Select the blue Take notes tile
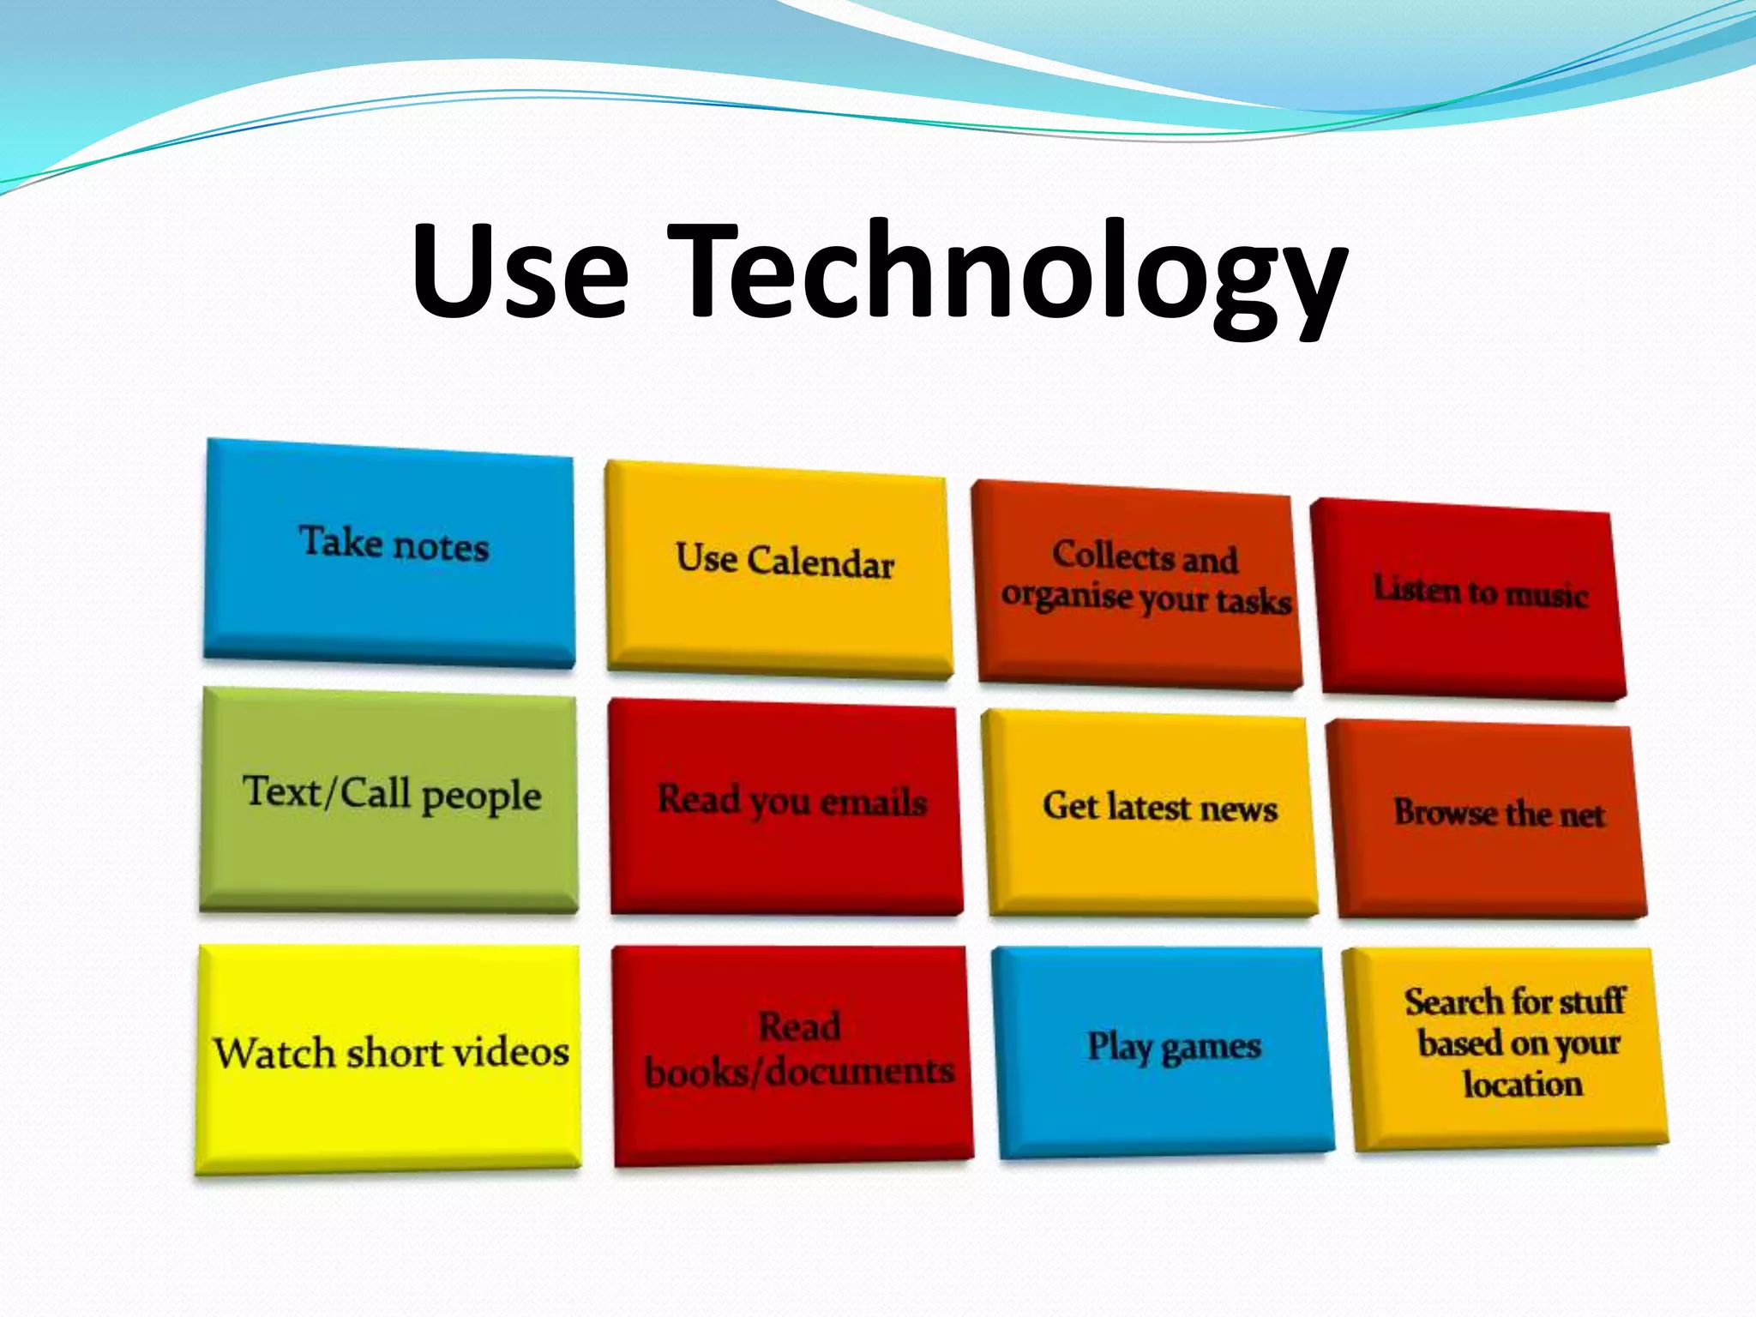pyautogui.click(x=390, y=553)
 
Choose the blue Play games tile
pyautogui.click(x=1166, y=1050)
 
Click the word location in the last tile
pyautogui.click(x=1522, y=1085)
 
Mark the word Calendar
pyautogui.click(x=821, y=563)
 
